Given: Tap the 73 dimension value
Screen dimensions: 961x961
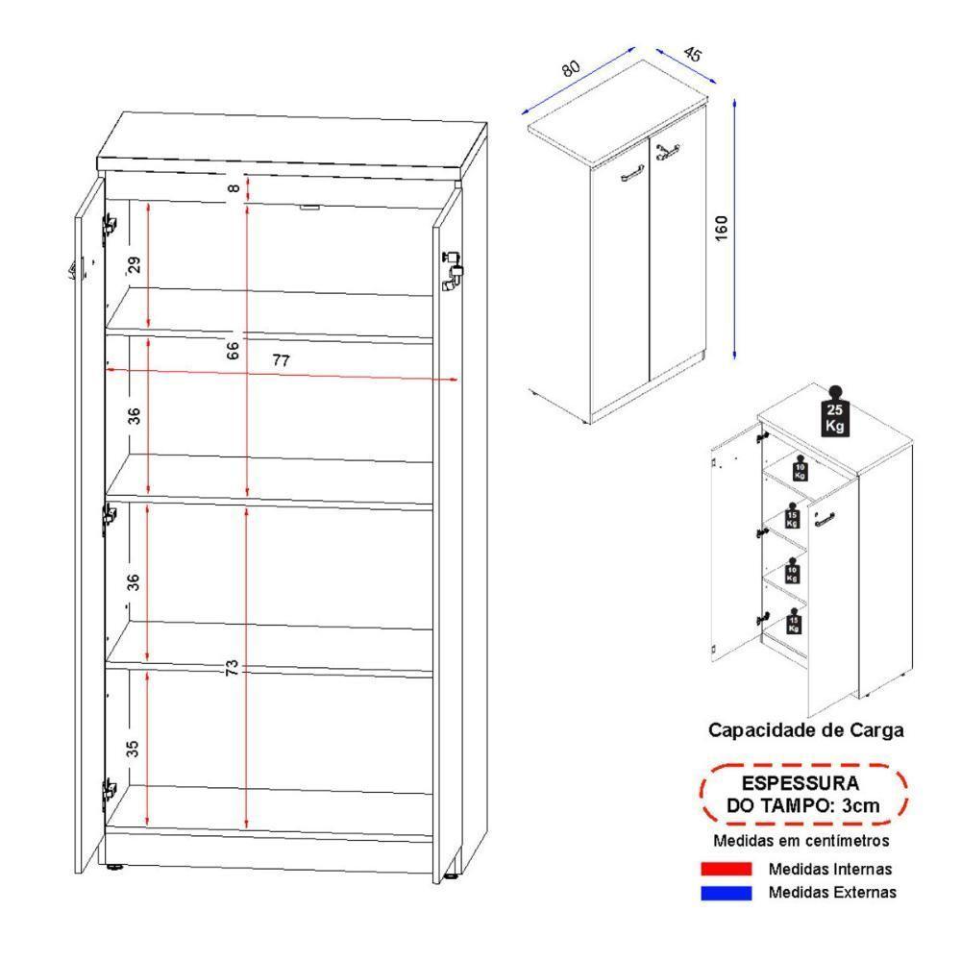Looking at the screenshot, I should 232,667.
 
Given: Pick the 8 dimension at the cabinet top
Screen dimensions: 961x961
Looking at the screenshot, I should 233,188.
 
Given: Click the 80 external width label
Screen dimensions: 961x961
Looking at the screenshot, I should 571,69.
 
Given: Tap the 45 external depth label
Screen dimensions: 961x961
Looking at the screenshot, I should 692,55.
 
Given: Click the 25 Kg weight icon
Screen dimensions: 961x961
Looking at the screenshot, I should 834,414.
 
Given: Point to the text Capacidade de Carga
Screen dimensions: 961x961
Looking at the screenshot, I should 805,730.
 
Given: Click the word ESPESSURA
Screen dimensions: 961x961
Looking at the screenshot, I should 801,783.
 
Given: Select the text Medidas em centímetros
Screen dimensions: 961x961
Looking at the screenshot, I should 801,842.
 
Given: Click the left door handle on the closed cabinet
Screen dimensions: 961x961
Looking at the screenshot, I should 631,173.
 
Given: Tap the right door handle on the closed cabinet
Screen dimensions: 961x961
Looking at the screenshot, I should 668,149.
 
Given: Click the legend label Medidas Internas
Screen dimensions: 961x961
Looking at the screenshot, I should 829,870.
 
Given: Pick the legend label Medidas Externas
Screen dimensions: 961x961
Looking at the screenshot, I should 832,893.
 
